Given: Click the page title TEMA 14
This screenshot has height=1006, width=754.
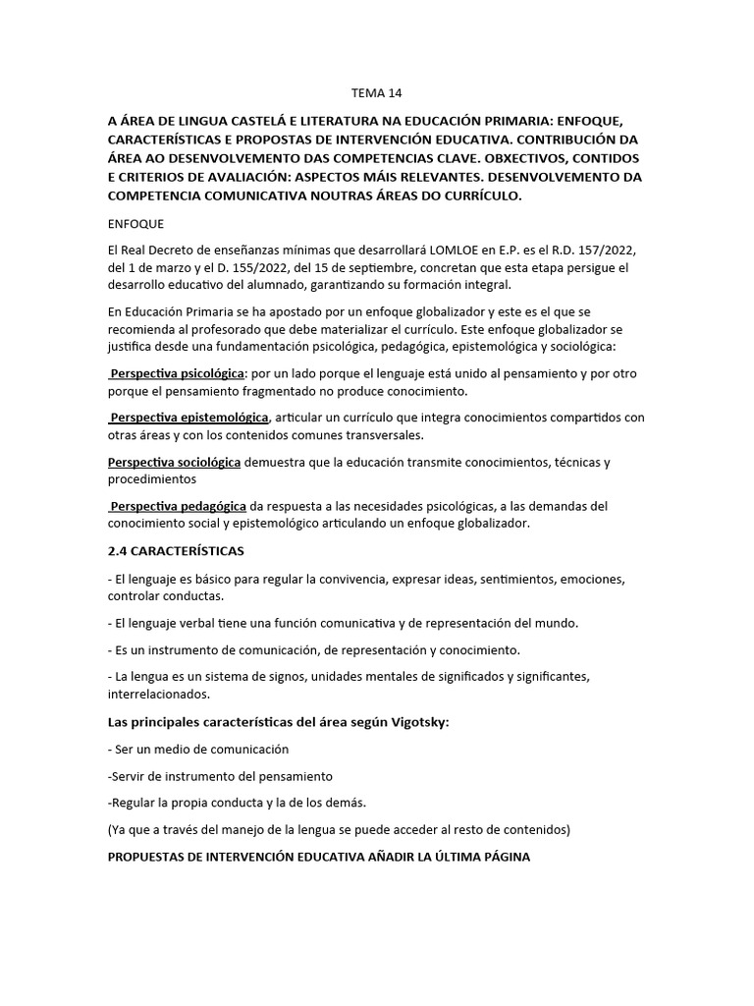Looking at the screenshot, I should click(377, 93).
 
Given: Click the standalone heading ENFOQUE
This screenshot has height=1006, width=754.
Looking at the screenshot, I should click(136, 223).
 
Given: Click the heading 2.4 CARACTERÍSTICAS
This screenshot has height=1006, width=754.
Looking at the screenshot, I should click(176, 550).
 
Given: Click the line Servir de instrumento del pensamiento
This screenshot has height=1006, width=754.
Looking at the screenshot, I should click(221, 775).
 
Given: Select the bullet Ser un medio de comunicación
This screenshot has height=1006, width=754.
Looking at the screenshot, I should click(198, 750).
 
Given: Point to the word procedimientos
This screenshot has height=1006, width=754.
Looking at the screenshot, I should click(152, 479).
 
